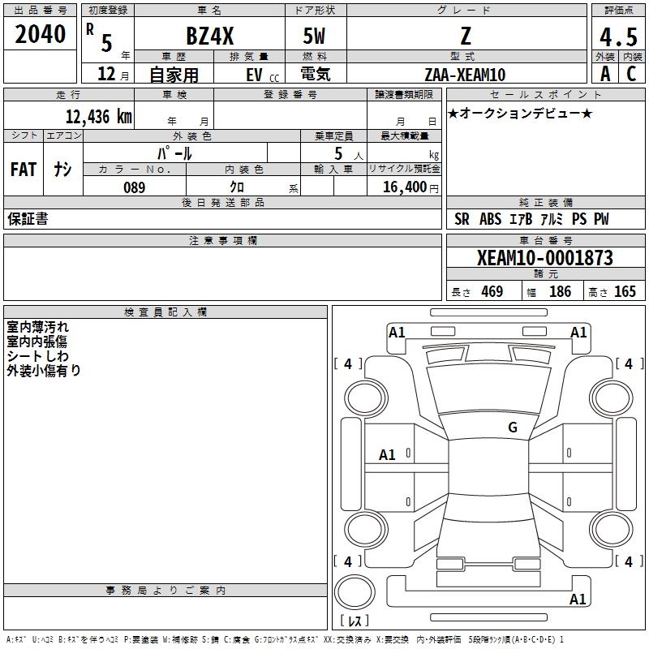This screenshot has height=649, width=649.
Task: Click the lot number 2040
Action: (40, 34)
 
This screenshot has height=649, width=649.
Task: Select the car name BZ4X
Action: (210, 36)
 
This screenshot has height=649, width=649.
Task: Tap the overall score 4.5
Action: (618, 37)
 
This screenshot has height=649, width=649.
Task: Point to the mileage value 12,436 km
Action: (98, 116)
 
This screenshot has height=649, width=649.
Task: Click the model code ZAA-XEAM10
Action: (465, 75)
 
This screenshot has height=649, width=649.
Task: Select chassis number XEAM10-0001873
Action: (544, 257)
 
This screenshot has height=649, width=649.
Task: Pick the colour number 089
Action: (134, 187)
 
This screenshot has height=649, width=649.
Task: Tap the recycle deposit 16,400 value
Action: (404, 187)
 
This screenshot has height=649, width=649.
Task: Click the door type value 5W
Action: (314, 36)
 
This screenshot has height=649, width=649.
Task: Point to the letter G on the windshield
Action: (513, 427)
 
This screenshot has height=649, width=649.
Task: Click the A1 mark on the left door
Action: (387, 455)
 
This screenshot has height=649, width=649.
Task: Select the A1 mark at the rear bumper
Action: (578, 599)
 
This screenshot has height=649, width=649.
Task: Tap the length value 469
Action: (492, 291)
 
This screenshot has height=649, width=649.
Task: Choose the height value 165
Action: (625, 291)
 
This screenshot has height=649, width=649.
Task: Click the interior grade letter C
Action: (631, 74)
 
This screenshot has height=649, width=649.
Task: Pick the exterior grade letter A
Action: (605, 74)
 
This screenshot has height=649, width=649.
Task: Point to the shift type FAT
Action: (24, 170)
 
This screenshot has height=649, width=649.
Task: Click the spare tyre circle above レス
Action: (355, 592)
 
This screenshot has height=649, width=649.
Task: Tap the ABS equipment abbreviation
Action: (490, 219)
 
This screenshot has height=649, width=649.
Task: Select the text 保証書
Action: (28, 219)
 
